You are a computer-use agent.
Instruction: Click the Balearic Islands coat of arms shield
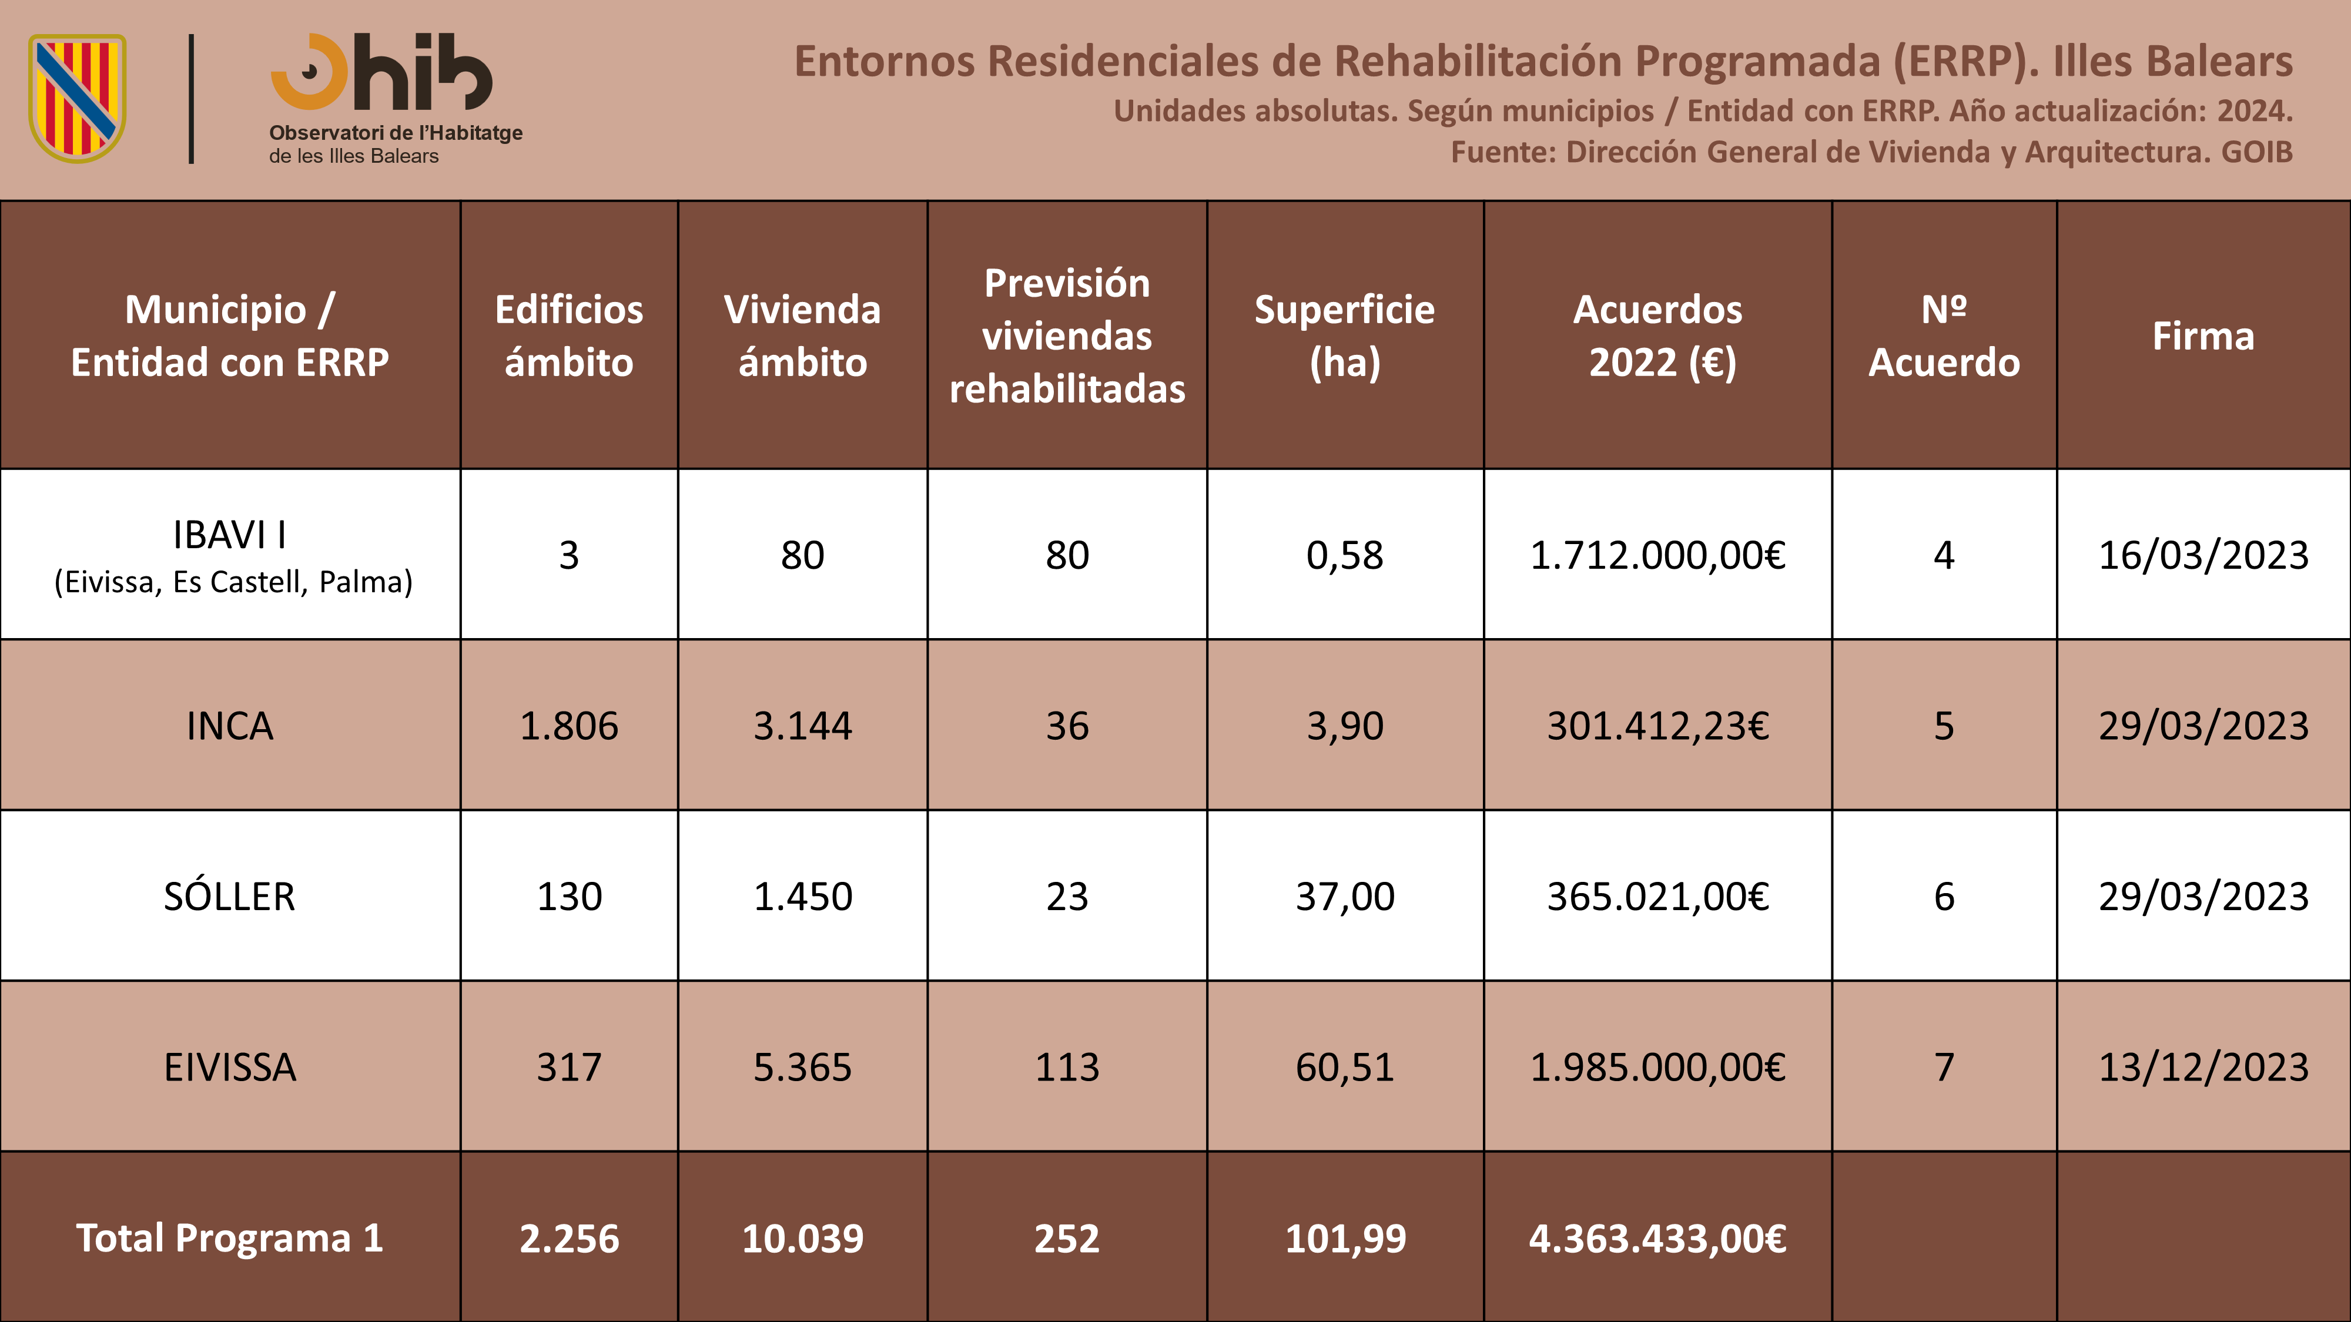(78, 99)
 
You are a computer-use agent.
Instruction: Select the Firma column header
(2203, 335)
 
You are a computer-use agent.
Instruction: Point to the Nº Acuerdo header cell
(1944, 335)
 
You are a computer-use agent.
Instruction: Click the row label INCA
(230, 726)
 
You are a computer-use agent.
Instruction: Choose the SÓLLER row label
(230, 896)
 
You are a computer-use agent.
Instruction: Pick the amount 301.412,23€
(1657, 726)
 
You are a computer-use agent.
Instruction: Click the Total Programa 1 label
(230, 1238)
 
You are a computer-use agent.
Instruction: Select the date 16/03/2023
(2203, 555)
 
